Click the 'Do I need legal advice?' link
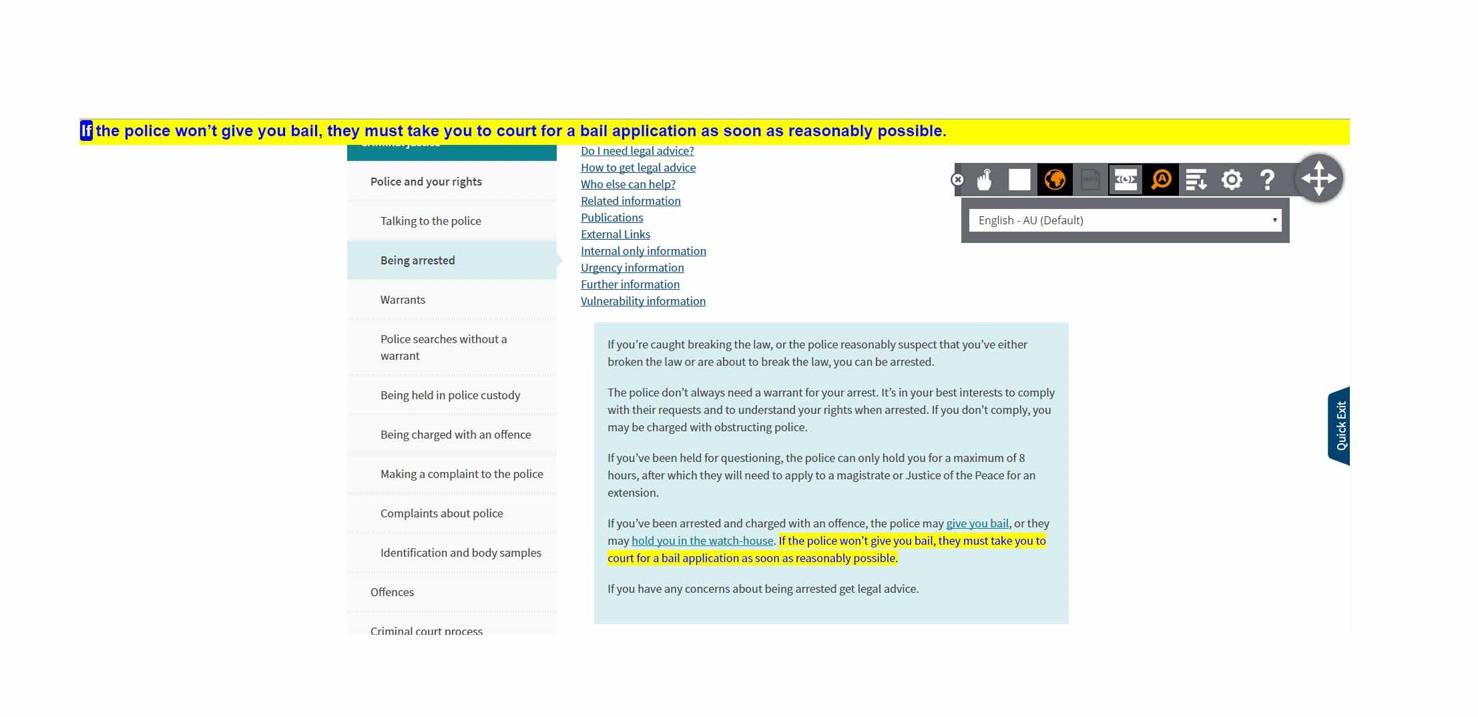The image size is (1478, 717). tap(637, 151)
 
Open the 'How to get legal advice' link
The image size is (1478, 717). tap(638, 168)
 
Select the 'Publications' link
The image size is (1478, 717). tap(611, 218)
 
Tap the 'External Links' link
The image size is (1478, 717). tap(615, 234)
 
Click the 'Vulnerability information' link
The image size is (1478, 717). tap(643, 301)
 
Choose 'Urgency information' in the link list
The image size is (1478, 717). tap(632, 268)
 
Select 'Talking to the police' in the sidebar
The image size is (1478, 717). tap(431, 221)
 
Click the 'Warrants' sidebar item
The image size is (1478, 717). tap(403, 300)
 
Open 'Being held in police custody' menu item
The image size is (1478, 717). tap(450, 395)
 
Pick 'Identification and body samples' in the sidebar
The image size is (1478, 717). tap(461, 553)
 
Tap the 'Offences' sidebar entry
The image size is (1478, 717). tap(392, 592)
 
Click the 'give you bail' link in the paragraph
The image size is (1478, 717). tap(977, 523)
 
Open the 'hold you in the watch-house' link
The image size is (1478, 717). tap(702, 541)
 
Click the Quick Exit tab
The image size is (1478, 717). tap(1340, 426)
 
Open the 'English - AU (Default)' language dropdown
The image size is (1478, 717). tap(1125, 220)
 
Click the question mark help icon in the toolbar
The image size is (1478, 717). tap(1266, 180)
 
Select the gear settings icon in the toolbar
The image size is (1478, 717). tap(1231, 180)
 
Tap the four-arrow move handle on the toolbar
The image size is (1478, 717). tap(1318, 178)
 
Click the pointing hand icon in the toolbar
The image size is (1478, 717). tap(984, 180)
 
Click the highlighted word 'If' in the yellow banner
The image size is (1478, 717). tap(86, 131)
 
